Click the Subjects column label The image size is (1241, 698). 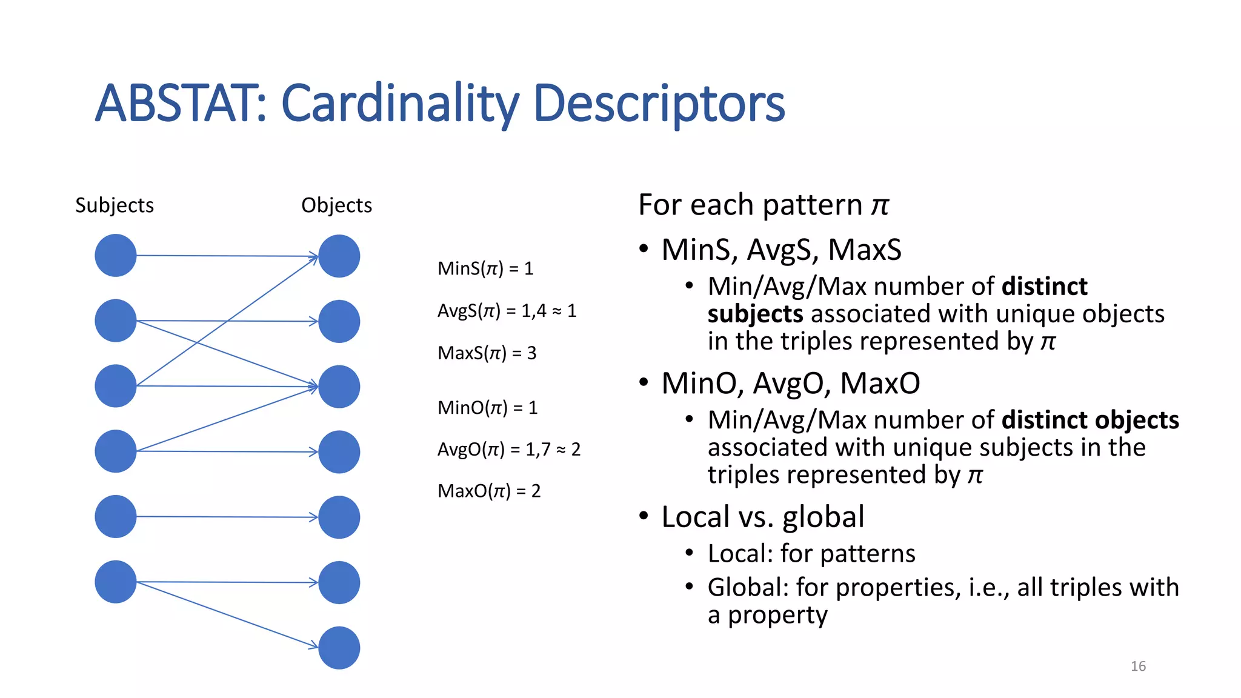(x=114, y=205)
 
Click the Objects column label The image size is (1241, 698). (x=336, y=205)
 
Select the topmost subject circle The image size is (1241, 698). (x=116, y=256)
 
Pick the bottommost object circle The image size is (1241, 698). (x=339, y=648)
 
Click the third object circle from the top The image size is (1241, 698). (x=339, y=387)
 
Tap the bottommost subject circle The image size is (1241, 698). (x=116, y=582)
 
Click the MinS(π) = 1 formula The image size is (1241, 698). (x=485, y=268)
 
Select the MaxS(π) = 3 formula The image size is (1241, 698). (x=487, y=353)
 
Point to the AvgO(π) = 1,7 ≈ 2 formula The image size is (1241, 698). (x=508, y=449)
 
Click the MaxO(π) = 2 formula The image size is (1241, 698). (x=488, y=491)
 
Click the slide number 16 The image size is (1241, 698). (x=1138, y=666)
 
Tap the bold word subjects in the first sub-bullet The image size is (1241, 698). (x=755, y=314)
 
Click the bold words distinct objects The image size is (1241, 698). (x=1090, y=420)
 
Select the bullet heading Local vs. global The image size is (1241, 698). (x=762, y=517)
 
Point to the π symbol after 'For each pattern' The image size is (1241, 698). (x=880, y=205)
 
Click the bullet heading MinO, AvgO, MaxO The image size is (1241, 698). (x=790, y=384)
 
